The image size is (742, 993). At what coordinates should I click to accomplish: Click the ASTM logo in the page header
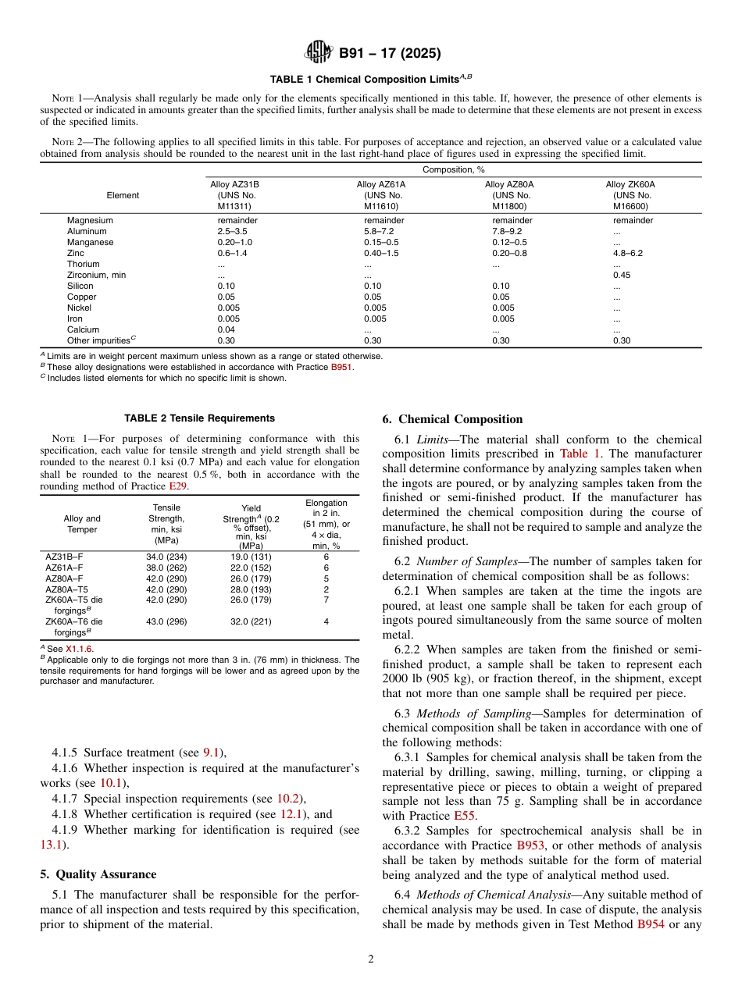click(x=319, y=53)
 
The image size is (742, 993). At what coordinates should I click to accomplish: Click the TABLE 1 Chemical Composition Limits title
click(x=371, y=80)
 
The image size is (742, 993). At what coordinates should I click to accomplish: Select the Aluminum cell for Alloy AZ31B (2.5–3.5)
click(x=232, y=232)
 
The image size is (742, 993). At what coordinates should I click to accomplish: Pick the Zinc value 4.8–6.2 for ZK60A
click(x=628, y=254)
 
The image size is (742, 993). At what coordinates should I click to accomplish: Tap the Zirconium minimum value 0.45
click(x=622, y=276)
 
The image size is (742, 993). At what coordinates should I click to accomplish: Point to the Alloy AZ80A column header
click(x=509, y=195)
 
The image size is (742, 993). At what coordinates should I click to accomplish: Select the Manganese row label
click(x=90, y=243)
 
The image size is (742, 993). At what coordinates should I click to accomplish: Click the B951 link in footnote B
click(x=341, y=368)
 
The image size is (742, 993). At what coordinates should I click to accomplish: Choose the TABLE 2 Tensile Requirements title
click(x=200, y=418)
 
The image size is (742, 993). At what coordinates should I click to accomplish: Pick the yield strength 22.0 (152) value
click(x=251, y=568)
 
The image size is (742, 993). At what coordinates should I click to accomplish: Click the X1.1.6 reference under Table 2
click(x=79, y=649)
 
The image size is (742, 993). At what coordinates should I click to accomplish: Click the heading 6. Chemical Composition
click(x=452, y=420)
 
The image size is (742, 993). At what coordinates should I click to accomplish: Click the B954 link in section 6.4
click(x=651, y=925)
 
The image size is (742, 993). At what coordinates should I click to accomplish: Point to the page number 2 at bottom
click(x=371, y=960)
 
